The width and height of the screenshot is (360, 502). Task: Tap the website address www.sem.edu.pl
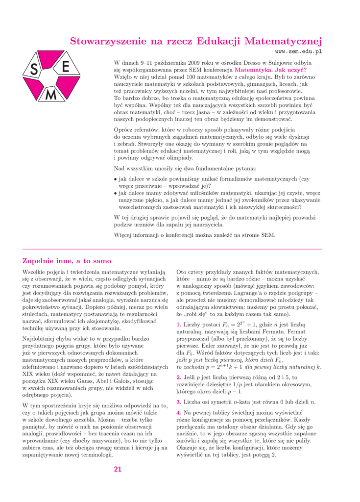[x=298, y=51]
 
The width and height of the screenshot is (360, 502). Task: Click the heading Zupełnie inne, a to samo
[x=67, y=261]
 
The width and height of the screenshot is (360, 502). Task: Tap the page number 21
[x=118, y=469]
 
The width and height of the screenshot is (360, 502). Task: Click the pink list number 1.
[x=178, y=325]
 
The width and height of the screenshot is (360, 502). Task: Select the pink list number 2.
[x=178, y=377]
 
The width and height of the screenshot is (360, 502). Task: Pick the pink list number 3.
[x=178, y=402]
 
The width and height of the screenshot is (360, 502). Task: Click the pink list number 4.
[x=178, y=413]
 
